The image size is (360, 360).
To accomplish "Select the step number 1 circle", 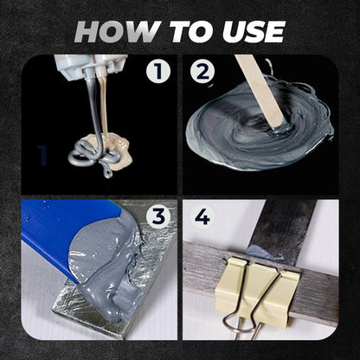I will point(157,72).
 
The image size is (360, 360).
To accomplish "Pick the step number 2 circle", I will point(203,73).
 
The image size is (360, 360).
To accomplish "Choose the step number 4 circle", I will point(202,216).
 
